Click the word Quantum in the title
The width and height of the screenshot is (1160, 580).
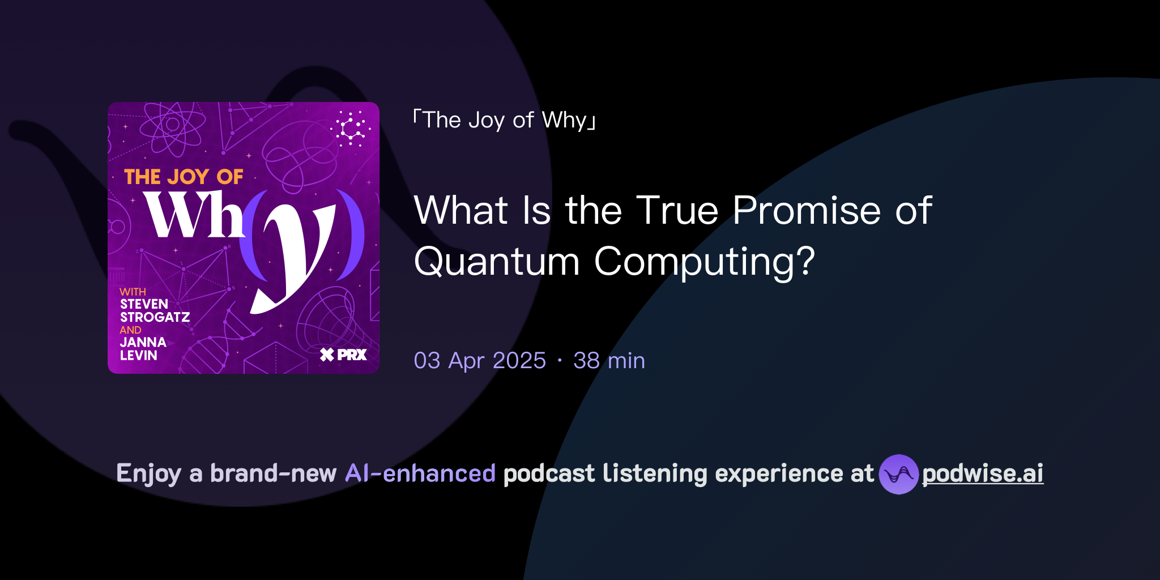pos(497,262)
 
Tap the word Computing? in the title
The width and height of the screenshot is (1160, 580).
pos(704,262)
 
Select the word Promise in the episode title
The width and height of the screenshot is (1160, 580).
pos(807,211)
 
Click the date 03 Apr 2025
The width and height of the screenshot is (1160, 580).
pos(480,361)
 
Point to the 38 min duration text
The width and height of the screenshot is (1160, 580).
pos(609,361)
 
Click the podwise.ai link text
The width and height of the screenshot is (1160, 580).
pos(982,474)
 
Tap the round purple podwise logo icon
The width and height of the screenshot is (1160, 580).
pos(898,474)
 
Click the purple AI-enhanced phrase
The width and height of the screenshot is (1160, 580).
pos(420,474)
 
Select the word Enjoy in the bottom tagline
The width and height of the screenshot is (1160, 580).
pos(148,474)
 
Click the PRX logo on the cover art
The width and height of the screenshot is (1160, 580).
pos(344,355)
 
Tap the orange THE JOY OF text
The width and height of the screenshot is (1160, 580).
pos(184,177)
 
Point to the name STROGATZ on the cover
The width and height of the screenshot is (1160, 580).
pos(155,317)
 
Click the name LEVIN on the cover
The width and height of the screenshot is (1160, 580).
pos(138,356)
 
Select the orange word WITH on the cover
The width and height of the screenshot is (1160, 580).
pos(133,292)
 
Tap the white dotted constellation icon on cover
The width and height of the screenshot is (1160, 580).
pos(351,129)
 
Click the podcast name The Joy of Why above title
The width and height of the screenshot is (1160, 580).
pos(505,120)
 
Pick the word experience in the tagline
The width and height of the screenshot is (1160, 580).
pos(781,474)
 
